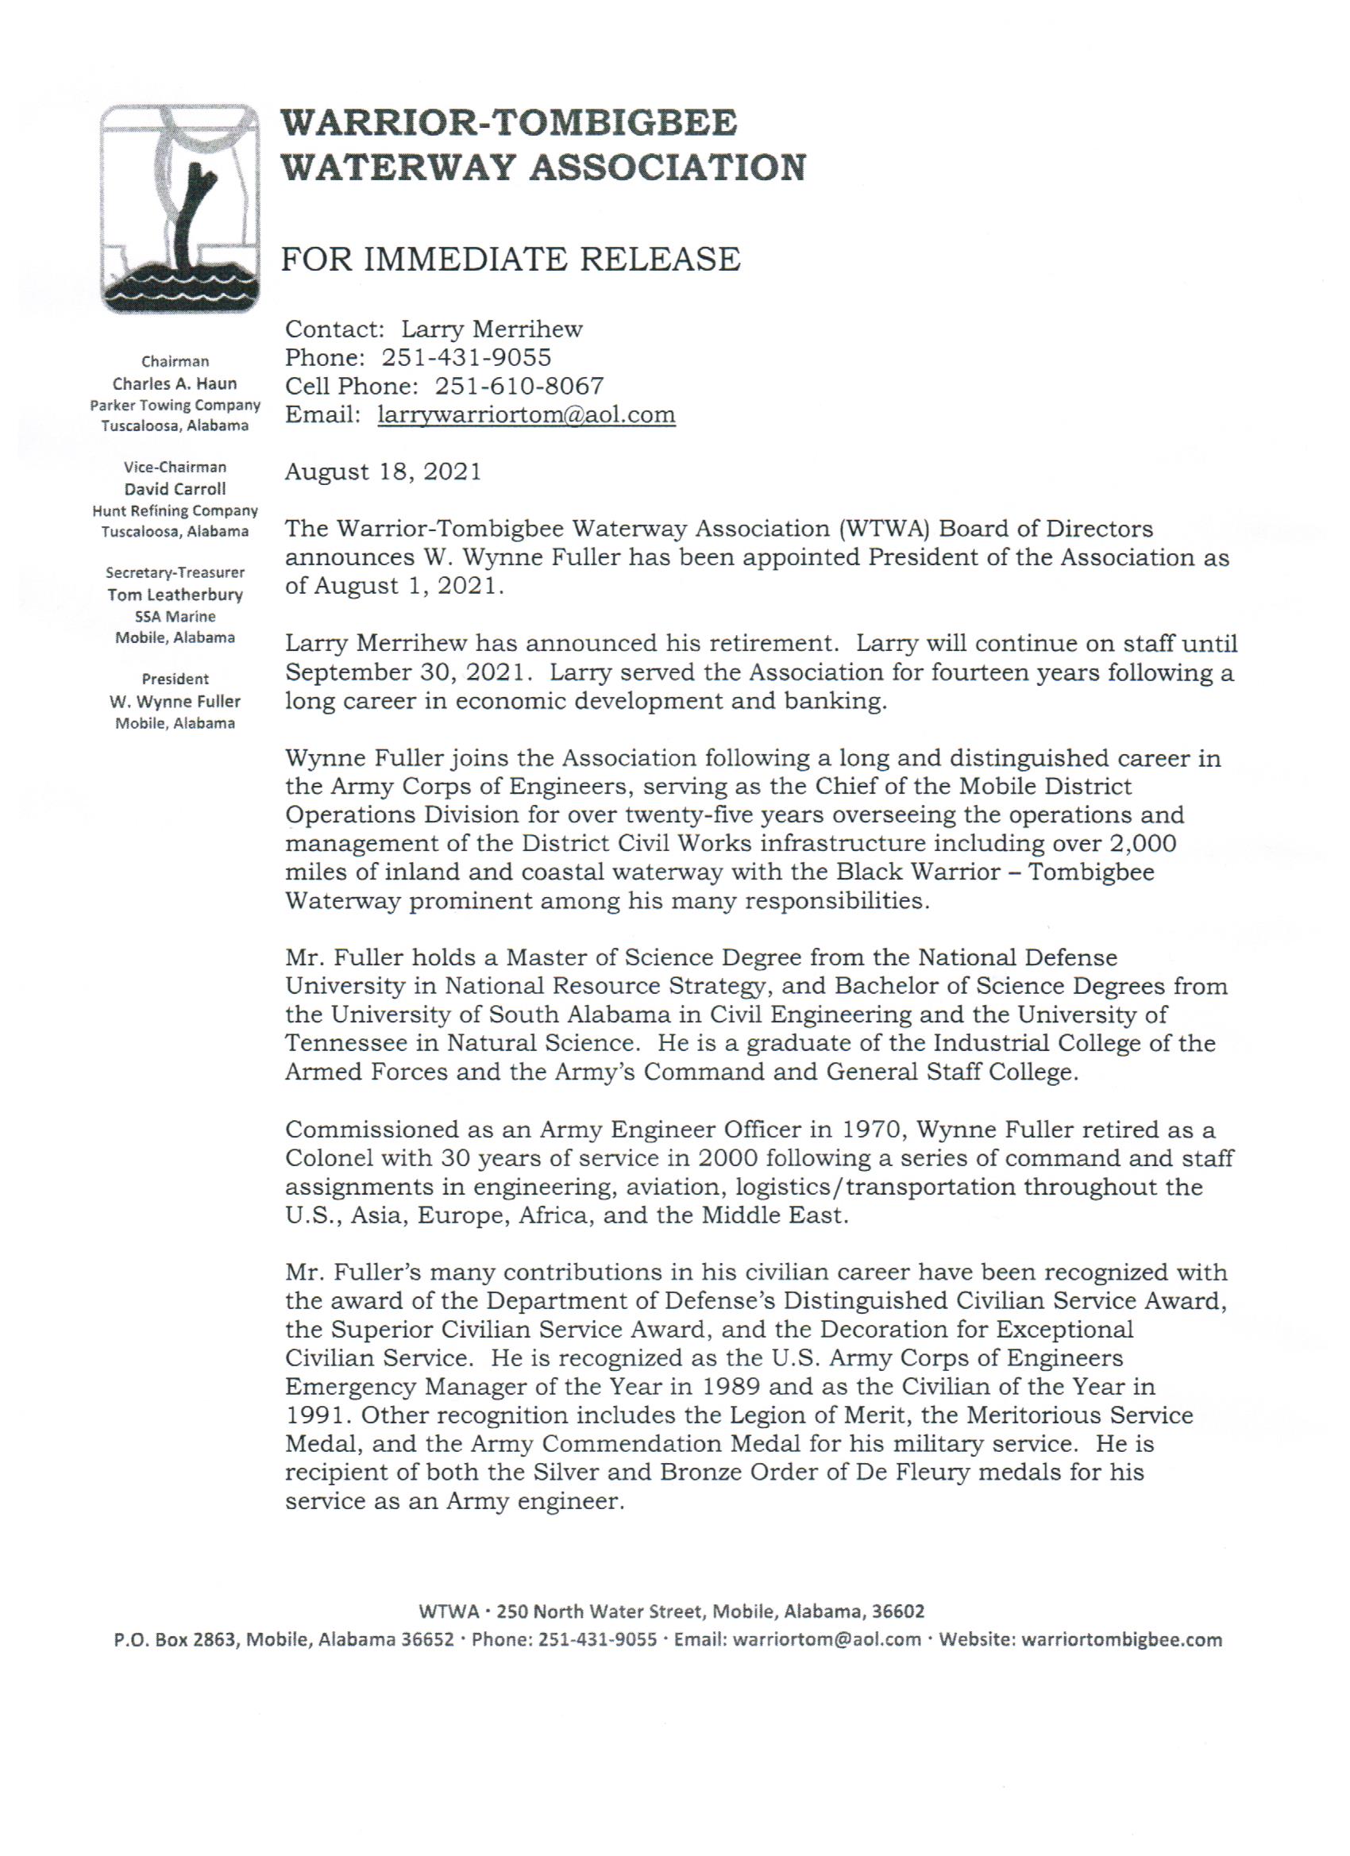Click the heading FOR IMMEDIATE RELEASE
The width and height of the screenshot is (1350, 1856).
coord(510,260)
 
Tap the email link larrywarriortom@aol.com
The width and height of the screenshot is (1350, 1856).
coord(526,415)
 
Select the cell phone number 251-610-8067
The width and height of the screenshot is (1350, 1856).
coord(519,386)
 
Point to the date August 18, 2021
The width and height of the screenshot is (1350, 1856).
coord(383,472)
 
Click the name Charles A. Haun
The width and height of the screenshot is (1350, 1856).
coord(175,383)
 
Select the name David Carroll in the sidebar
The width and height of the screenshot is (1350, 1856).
coord(175,488)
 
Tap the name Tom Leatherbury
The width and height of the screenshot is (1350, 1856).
coord(175,594)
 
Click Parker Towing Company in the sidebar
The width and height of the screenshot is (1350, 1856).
coord(175,405)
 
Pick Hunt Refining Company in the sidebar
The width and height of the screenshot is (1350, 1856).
coord(175,510)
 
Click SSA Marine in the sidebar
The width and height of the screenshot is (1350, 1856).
coord(175,616)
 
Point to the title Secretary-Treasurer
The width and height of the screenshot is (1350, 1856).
coord(175,573)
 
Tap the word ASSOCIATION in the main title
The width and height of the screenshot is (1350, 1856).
coord(667,168)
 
